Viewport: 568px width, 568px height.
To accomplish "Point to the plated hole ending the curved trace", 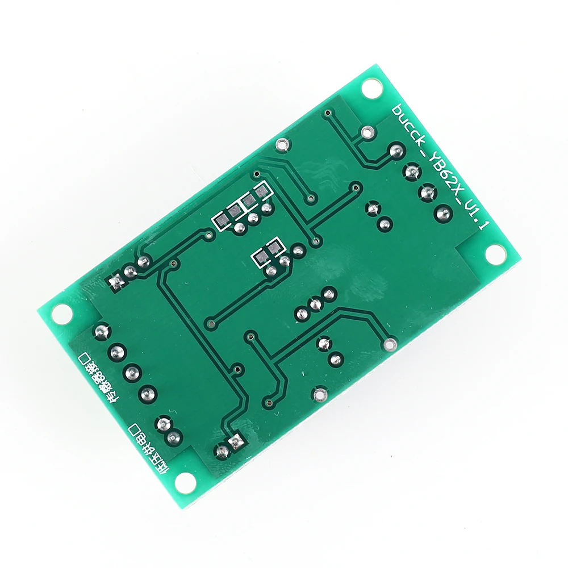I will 390,344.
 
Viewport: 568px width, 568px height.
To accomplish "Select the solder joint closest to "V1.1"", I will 443,214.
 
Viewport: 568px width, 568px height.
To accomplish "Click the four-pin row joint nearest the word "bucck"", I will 395,151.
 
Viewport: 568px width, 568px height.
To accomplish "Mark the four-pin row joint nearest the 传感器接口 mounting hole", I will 102,331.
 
